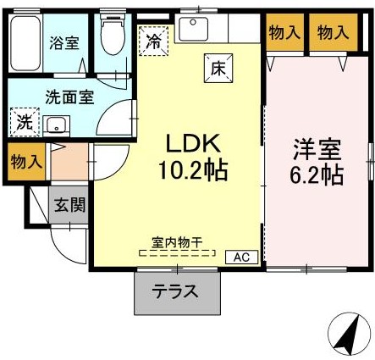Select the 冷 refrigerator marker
[x=153, y=38]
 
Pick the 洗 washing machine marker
[x=25, y=121]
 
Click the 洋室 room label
[x=317, y=151]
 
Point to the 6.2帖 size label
[x=317, y=176]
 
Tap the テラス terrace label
[x=175, y=292]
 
